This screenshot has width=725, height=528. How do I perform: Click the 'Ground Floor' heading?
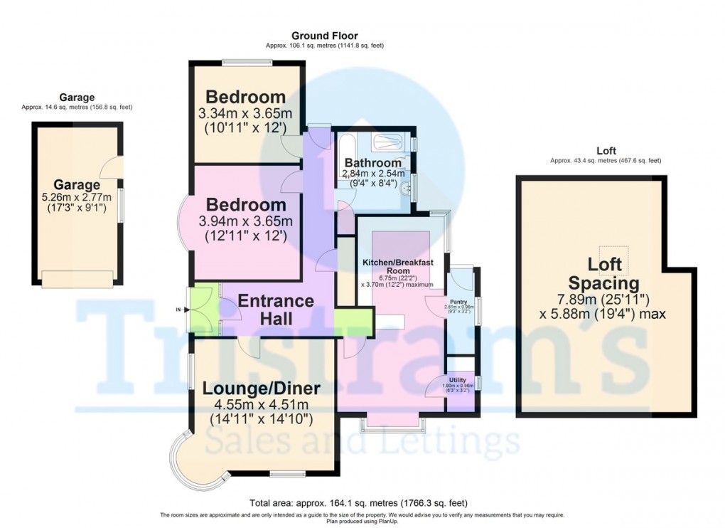click(324, 36)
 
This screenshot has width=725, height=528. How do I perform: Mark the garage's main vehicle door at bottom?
click(78, 280)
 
